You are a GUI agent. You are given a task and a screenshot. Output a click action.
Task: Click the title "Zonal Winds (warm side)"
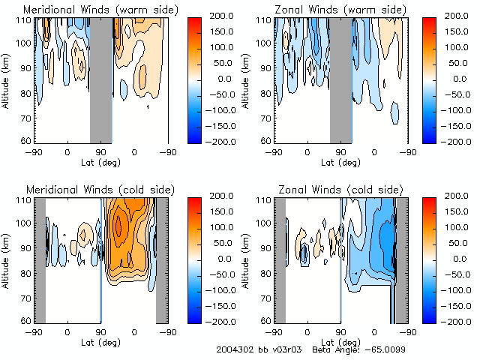tap(331, 10)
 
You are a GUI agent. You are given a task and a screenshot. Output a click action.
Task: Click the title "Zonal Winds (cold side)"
tap(331, 190)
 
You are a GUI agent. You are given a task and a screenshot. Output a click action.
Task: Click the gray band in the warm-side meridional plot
tap(100, 79)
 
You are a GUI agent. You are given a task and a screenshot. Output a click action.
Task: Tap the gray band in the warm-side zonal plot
tap(340, 79)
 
